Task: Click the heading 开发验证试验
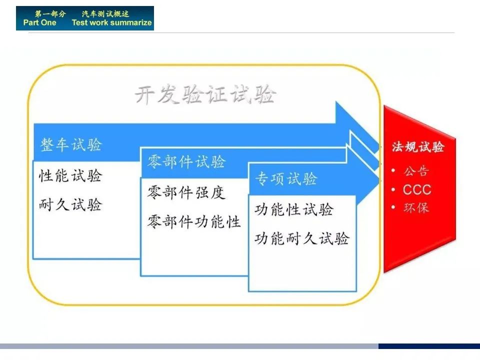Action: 205,94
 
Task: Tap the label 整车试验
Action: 71,144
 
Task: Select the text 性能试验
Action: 70,175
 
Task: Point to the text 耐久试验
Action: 70,204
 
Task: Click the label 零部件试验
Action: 186,161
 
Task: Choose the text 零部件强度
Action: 186,192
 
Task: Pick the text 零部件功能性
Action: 194,221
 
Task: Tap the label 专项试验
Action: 286,178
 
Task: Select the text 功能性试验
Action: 294,209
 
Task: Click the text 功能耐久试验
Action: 302,238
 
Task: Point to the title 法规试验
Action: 418,146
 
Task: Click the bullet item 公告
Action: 416,171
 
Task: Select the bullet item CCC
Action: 417,189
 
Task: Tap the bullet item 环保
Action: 416,208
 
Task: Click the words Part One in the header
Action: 40,22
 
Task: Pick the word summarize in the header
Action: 132,22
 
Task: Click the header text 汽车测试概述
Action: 105,14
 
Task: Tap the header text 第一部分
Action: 50,14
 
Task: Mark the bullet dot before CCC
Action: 393,190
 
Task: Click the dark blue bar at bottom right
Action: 429,346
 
